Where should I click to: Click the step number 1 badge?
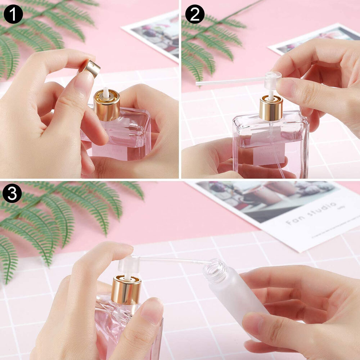13,14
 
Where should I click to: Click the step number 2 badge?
195,14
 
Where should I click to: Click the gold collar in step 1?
107,106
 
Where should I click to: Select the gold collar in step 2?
271,108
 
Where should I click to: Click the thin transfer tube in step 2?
230,81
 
